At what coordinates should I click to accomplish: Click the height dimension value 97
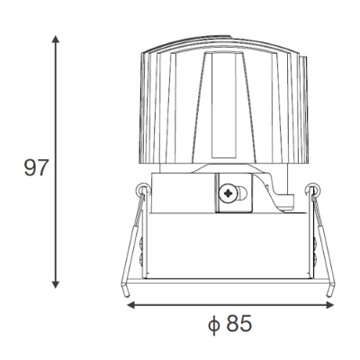[36, 167]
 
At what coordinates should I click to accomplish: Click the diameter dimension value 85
[238, 323]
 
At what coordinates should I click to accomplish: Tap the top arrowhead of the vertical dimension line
[55, 39]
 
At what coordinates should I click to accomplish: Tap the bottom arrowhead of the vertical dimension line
[55, 284]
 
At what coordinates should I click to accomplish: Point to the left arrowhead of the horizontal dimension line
[131, 305]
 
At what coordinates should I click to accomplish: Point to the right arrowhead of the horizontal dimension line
[329, 305]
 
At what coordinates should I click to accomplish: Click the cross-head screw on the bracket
[228, 193]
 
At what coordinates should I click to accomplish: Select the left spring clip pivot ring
[143, 189]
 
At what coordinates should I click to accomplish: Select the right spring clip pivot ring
[313, 189]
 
